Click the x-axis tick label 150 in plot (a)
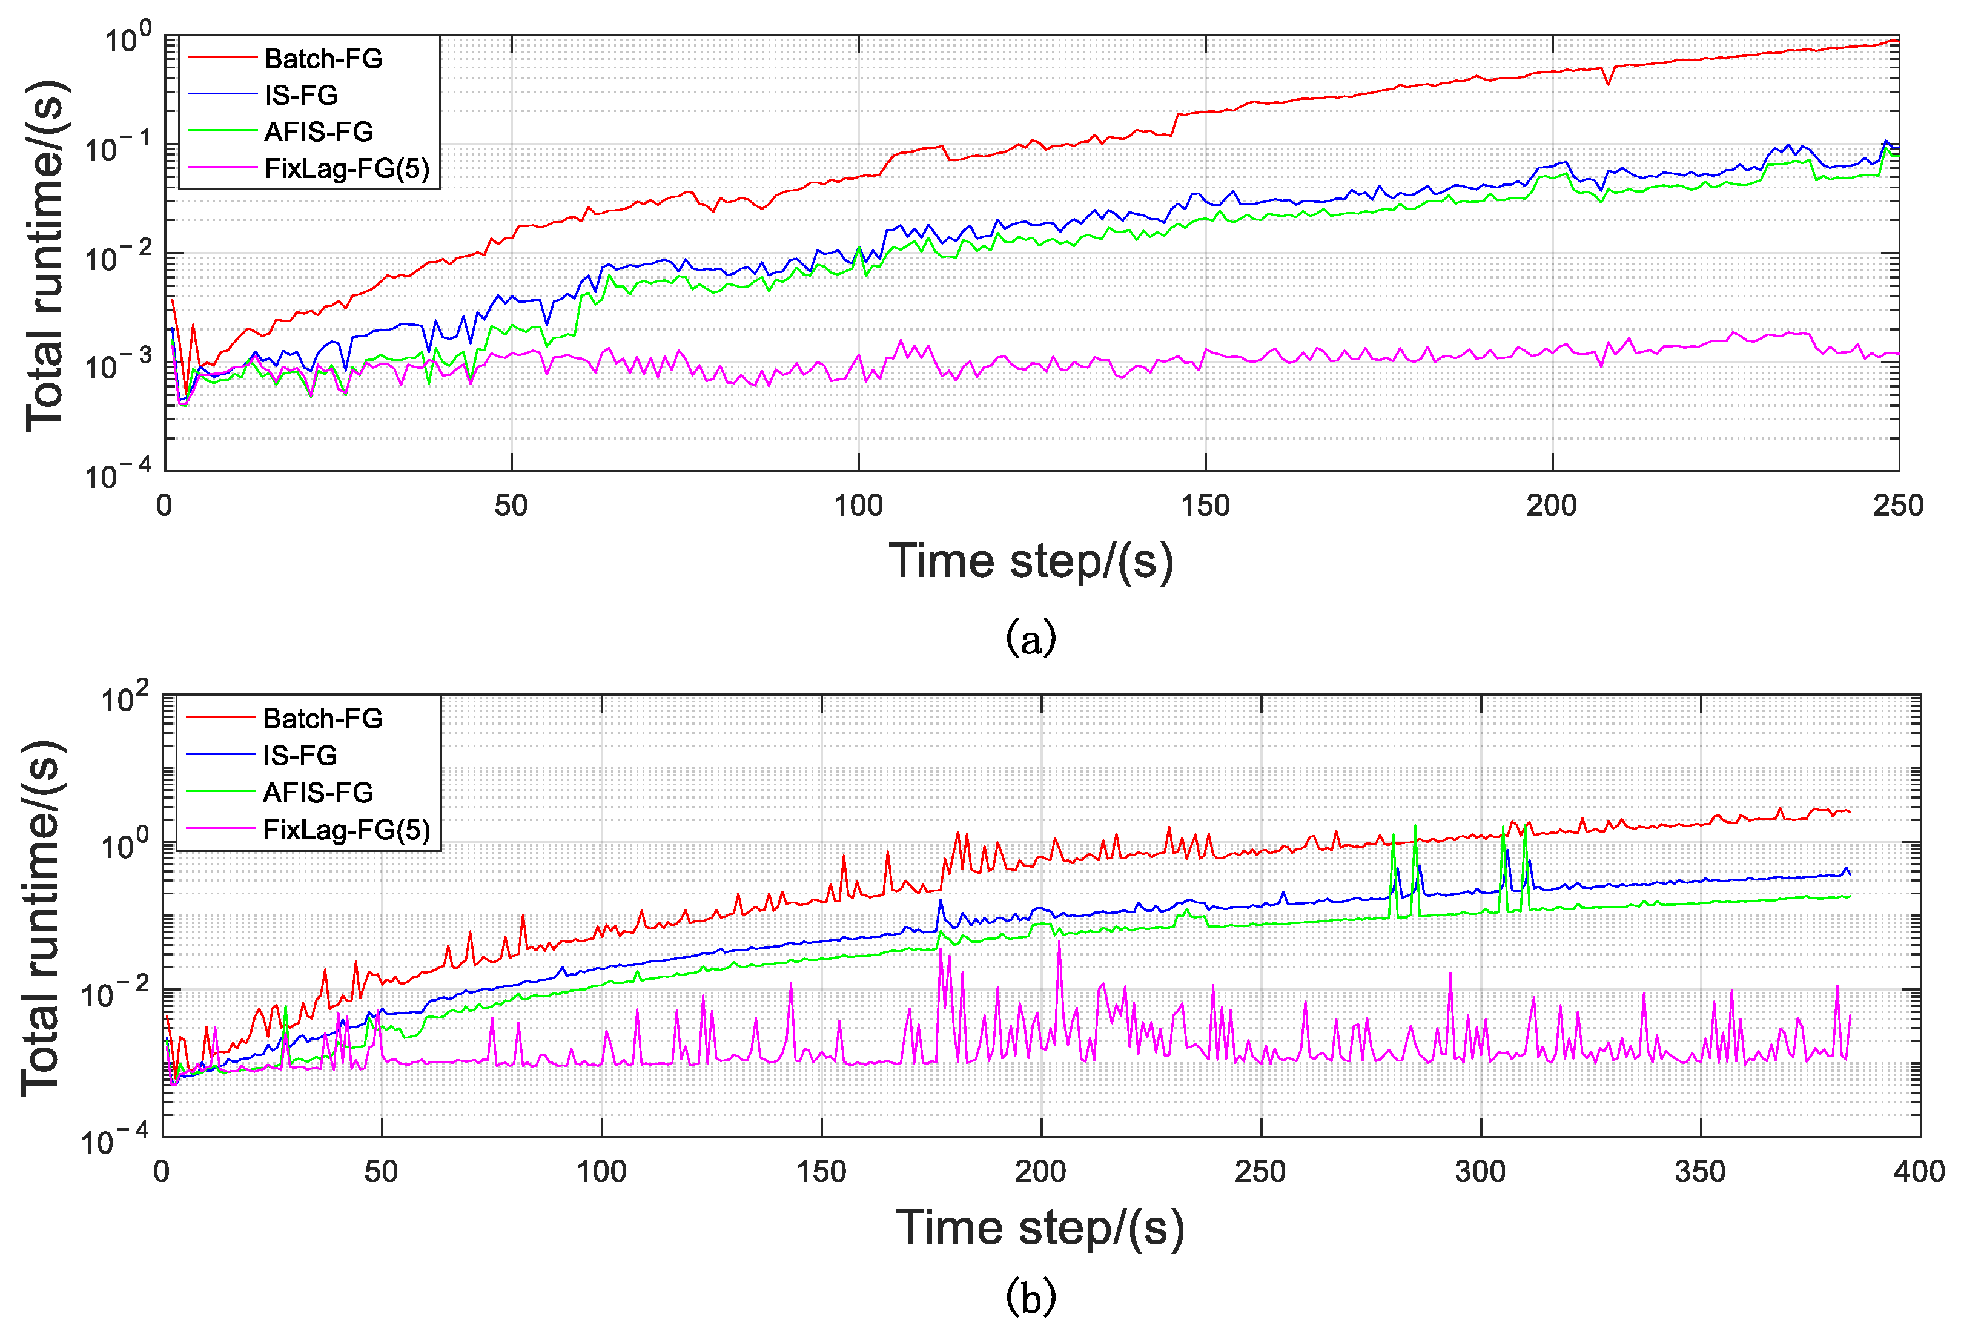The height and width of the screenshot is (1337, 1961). pos(1205,505)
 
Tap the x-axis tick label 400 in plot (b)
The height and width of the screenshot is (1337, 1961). pos(1919,1171)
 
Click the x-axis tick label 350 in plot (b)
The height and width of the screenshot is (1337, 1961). pos(1699,1171)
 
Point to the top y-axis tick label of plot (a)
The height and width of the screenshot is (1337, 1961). pos(127,38)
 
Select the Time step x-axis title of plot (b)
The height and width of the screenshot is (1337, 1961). pos(1040,1227)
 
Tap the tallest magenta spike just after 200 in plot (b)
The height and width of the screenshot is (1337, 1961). pos(1059,942)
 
